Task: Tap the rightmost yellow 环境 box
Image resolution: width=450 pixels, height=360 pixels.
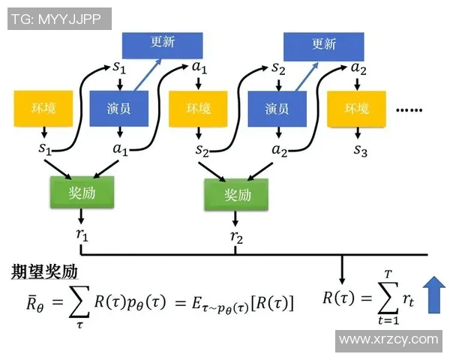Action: (x=358, y=109)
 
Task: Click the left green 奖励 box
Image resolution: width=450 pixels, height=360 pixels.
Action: (x=82, y=193)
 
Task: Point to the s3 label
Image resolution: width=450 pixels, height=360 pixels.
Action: (x=361, y=150)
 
